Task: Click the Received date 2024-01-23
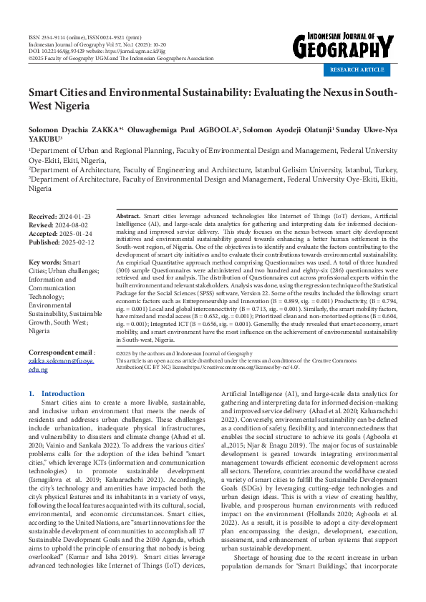point(72,215)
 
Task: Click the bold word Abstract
point(128,215)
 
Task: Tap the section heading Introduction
point(63,394)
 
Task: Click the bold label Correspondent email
point(59,353)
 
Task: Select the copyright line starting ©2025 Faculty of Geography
point(121,58)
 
